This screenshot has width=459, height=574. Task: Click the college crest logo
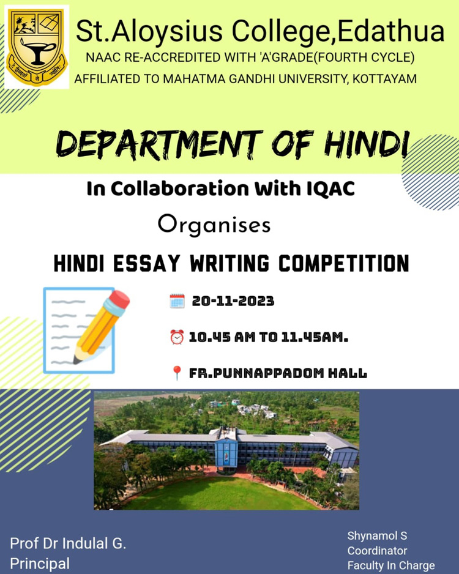[x=37, y=47]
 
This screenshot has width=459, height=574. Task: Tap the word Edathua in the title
[x=391, y=31]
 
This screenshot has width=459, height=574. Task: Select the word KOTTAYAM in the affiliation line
[x=384, y=79]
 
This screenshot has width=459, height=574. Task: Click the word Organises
[x=214, y=225]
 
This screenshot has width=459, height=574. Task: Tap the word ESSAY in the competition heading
[x=147, y=263]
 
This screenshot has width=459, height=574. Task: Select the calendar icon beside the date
[x=177, y=301]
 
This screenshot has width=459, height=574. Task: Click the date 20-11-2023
[x=233, y=301]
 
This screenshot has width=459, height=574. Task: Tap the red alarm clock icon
[x=177, y=337]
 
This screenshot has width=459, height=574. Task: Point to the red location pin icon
[x=177, y=373]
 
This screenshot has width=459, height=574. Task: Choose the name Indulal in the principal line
[x=85, y=543]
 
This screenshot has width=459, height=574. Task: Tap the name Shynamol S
[x=377, y=536]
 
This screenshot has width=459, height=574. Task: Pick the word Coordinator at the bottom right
[x=377, y=551]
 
